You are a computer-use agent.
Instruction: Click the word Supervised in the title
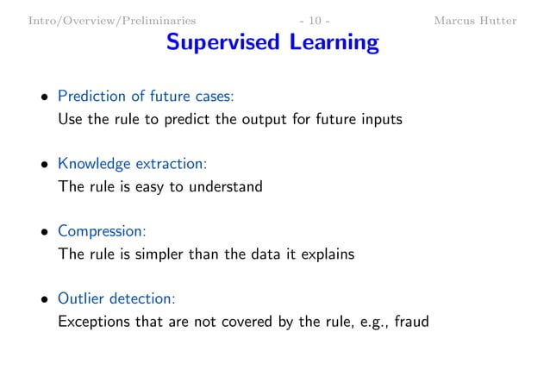pyautogui.click(x=220, y=42)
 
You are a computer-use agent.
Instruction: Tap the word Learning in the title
pyautogui.click(x=331, y=42)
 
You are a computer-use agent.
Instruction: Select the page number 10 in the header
pyautogui.click(x=313, y=20)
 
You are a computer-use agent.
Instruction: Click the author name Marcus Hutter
pyautogui.click(x=476, y=20)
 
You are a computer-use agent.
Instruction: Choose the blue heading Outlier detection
pyautogui.click(x=116, y=298)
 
